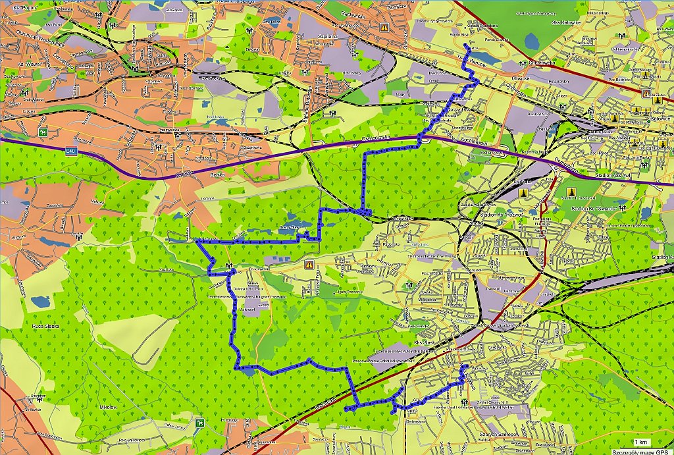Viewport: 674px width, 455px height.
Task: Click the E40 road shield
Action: point(70,152)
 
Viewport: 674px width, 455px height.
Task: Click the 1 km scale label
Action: point(641,441)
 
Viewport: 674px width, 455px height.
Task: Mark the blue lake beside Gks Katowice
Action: point(531,41)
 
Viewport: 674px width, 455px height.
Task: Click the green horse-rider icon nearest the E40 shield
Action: point(43,134)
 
